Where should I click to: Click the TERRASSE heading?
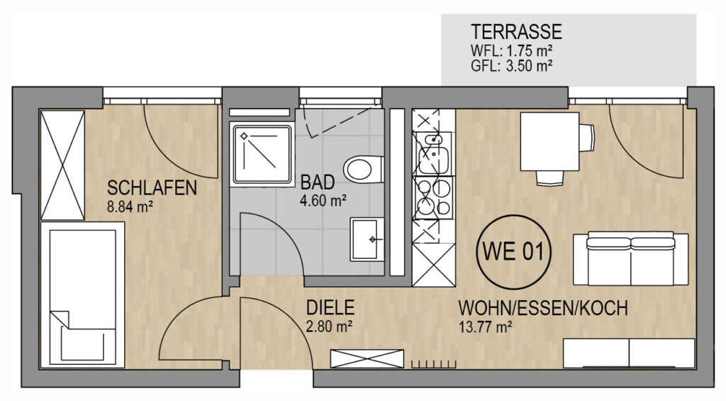click(x=516, y=31)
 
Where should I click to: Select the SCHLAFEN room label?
click(x=152, y=188)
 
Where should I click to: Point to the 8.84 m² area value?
click(x=130, y=207)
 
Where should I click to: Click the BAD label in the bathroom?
click(x=318, y=182)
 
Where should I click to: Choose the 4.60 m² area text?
click(x=323, y=201)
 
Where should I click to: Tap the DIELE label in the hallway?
click(x=330, y=308)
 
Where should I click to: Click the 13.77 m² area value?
click(x=485, y=326)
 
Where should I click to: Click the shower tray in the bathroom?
click(x=262, y=155)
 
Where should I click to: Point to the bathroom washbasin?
click(x=367, y=239)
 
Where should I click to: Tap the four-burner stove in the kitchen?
click(x=433, y=197)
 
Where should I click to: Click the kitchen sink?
click(x=433, y=153)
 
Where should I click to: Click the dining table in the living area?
click(x=549, y=142)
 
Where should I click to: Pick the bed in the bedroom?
click(x=82, y=295)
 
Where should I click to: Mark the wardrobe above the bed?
click(x=62, y=165)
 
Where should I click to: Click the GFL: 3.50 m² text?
click(x=511, y=65)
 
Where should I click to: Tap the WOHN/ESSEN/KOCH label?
click(x=543, y=308)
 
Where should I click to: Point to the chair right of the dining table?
click(x=587, y=137)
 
